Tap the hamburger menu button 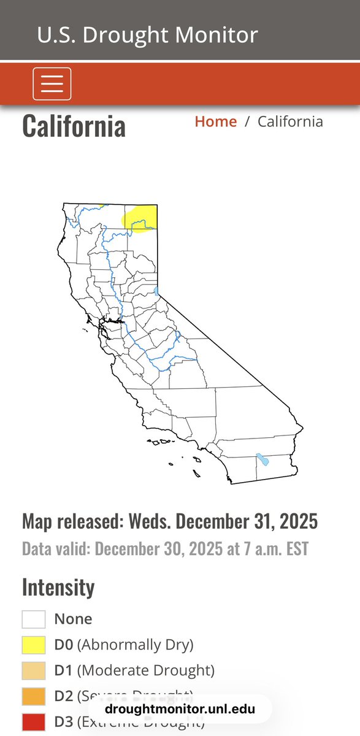(52, 83)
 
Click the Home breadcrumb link (215, 121)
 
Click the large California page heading (74, 126)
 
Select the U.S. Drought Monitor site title (147, 34)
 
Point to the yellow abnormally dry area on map (140, 218)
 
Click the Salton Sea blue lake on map (263, 459)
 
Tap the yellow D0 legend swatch (34, 645)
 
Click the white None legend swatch (34, 619)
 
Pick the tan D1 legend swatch (34, 670)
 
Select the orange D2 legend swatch (34, 696)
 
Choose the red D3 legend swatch (34, 722)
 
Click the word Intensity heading (58, 587)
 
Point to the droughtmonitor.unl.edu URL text (180, 710)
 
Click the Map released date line (170, 521)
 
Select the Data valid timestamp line (165, 548)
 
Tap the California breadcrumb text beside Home (290, 121)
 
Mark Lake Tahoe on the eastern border (157, 291)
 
